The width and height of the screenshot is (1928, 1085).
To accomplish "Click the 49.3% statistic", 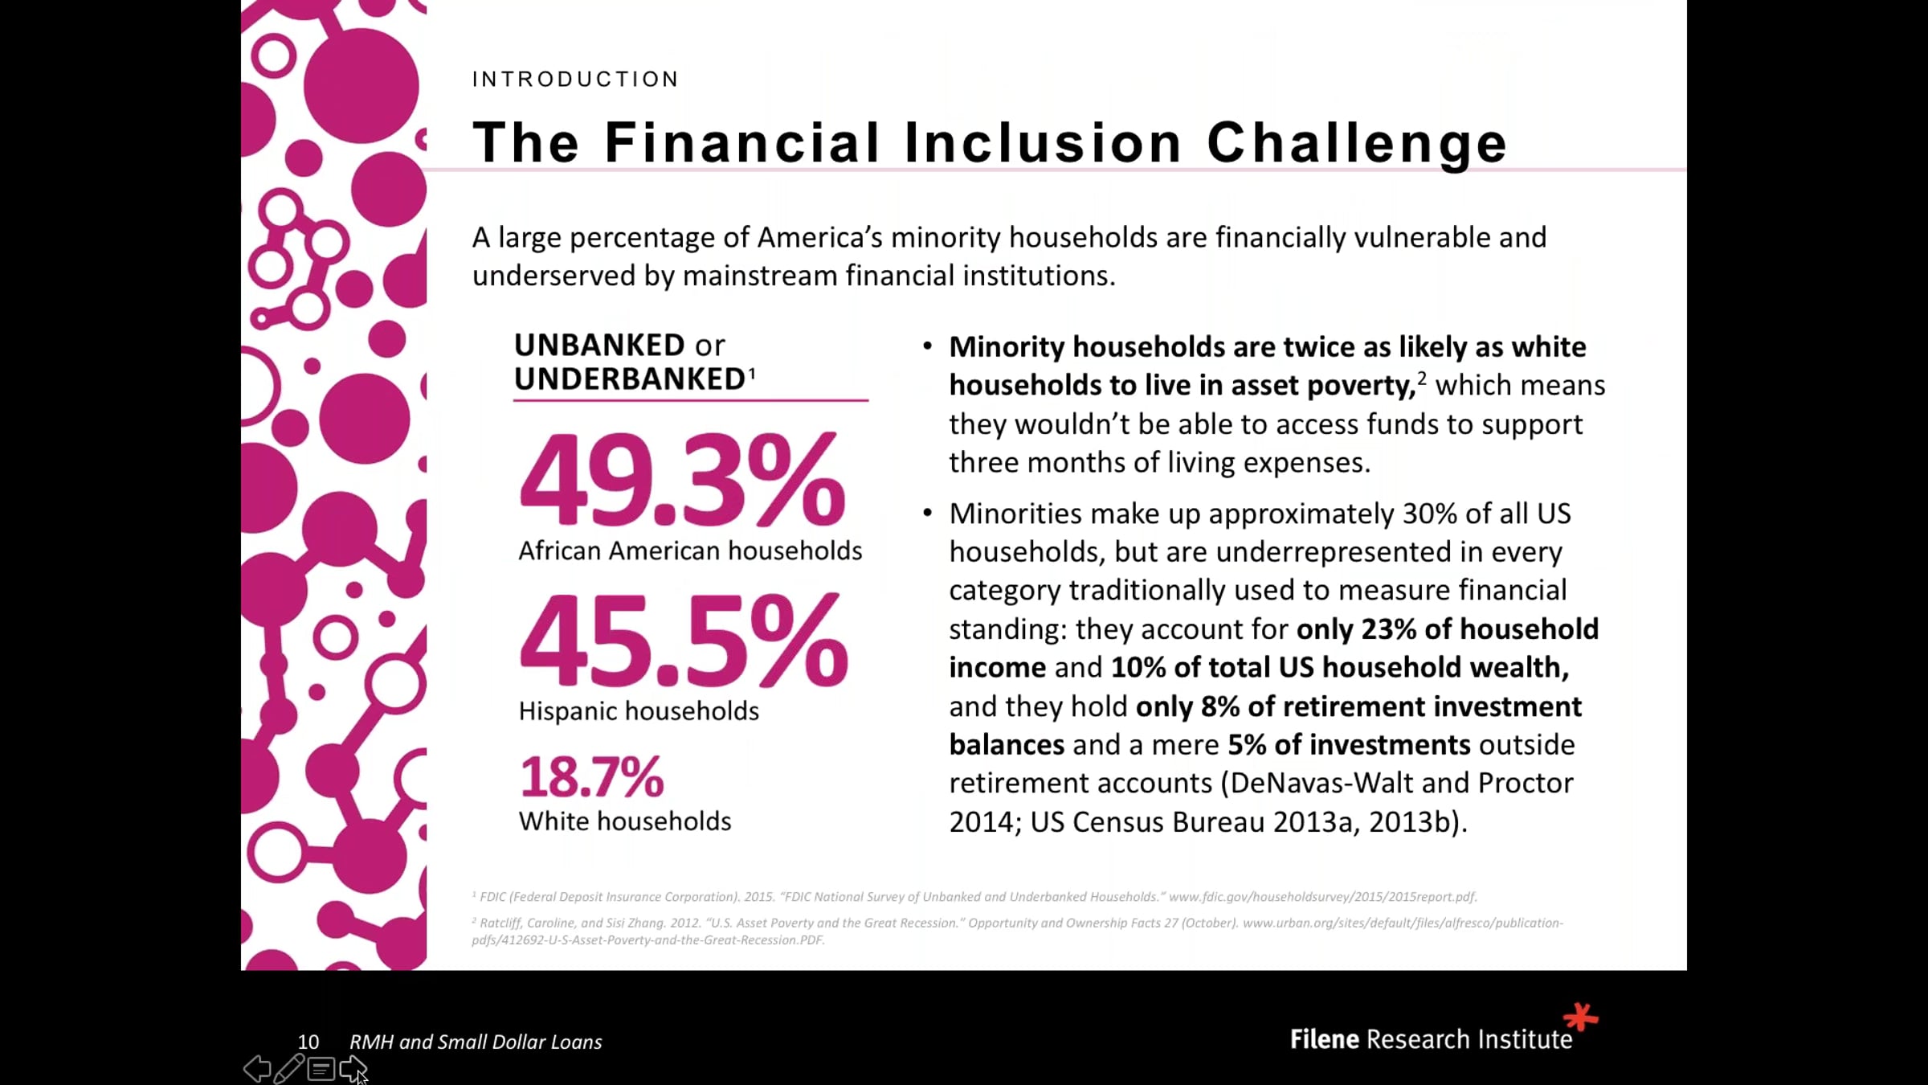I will point(682,481).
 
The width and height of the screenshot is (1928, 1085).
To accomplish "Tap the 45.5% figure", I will point(684,642).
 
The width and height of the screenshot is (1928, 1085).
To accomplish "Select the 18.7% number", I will point(592,777).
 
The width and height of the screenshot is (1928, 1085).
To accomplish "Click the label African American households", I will point(690,551).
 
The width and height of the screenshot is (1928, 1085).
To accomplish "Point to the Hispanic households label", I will point(639,711).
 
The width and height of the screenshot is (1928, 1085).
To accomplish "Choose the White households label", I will point(625,821).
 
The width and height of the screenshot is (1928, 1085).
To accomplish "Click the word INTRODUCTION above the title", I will point(575,79).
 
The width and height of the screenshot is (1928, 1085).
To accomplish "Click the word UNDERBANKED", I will point(631,379).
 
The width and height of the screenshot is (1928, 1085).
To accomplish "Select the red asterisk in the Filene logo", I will point(1580,1017).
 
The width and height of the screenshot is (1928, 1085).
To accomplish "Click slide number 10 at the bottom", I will point(308,1042).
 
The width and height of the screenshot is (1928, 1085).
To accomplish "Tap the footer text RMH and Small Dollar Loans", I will point(476,1042).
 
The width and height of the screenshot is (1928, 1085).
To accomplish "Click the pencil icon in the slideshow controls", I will point(288,1069).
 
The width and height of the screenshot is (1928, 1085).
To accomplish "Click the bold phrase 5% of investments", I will point(1350,745).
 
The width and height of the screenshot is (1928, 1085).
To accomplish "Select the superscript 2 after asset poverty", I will point(1422,378).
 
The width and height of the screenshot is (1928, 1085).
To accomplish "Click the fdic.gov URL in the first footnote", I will point(1322,897).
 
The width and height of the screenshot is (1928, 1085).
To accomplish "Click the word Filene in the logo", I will point(1325,1040).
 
